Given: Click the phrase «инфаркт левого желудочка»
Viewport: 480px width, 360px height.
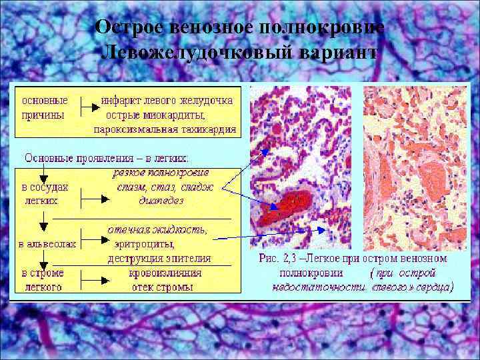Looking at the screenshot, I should coord(167,101).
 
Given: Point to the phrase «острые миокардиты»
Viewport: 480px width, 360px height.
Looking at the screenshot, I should coord(157,115).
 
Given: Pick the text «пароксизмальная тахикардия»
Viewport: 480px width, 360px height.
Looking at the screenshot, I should coord(165,130).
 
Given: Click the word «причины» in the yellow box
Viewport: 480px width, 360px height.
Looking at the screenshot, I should coord(43,115).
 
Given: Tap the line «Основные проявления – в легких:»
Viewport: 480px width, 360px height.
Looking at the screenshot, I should coord(107,158).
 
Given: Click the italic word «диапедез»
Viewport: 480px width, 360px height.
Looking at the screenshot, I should coord(161,200).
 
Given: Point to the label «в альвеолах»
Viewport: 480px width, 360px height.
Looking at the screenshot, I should coord(49,244).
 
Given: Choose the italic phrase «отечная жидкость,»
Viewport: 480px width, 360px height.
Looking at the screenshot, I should coord(158,230).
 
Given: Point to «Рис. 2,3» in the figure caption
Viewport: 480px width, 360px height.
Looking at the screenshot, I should coord(281,258).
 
